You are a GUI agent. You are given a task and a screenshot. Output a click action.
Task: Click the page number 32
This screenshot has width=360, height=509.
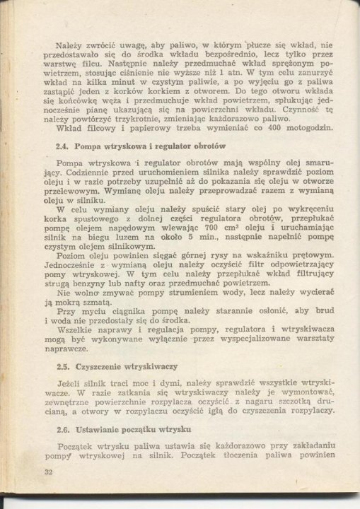pos(28,472)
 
